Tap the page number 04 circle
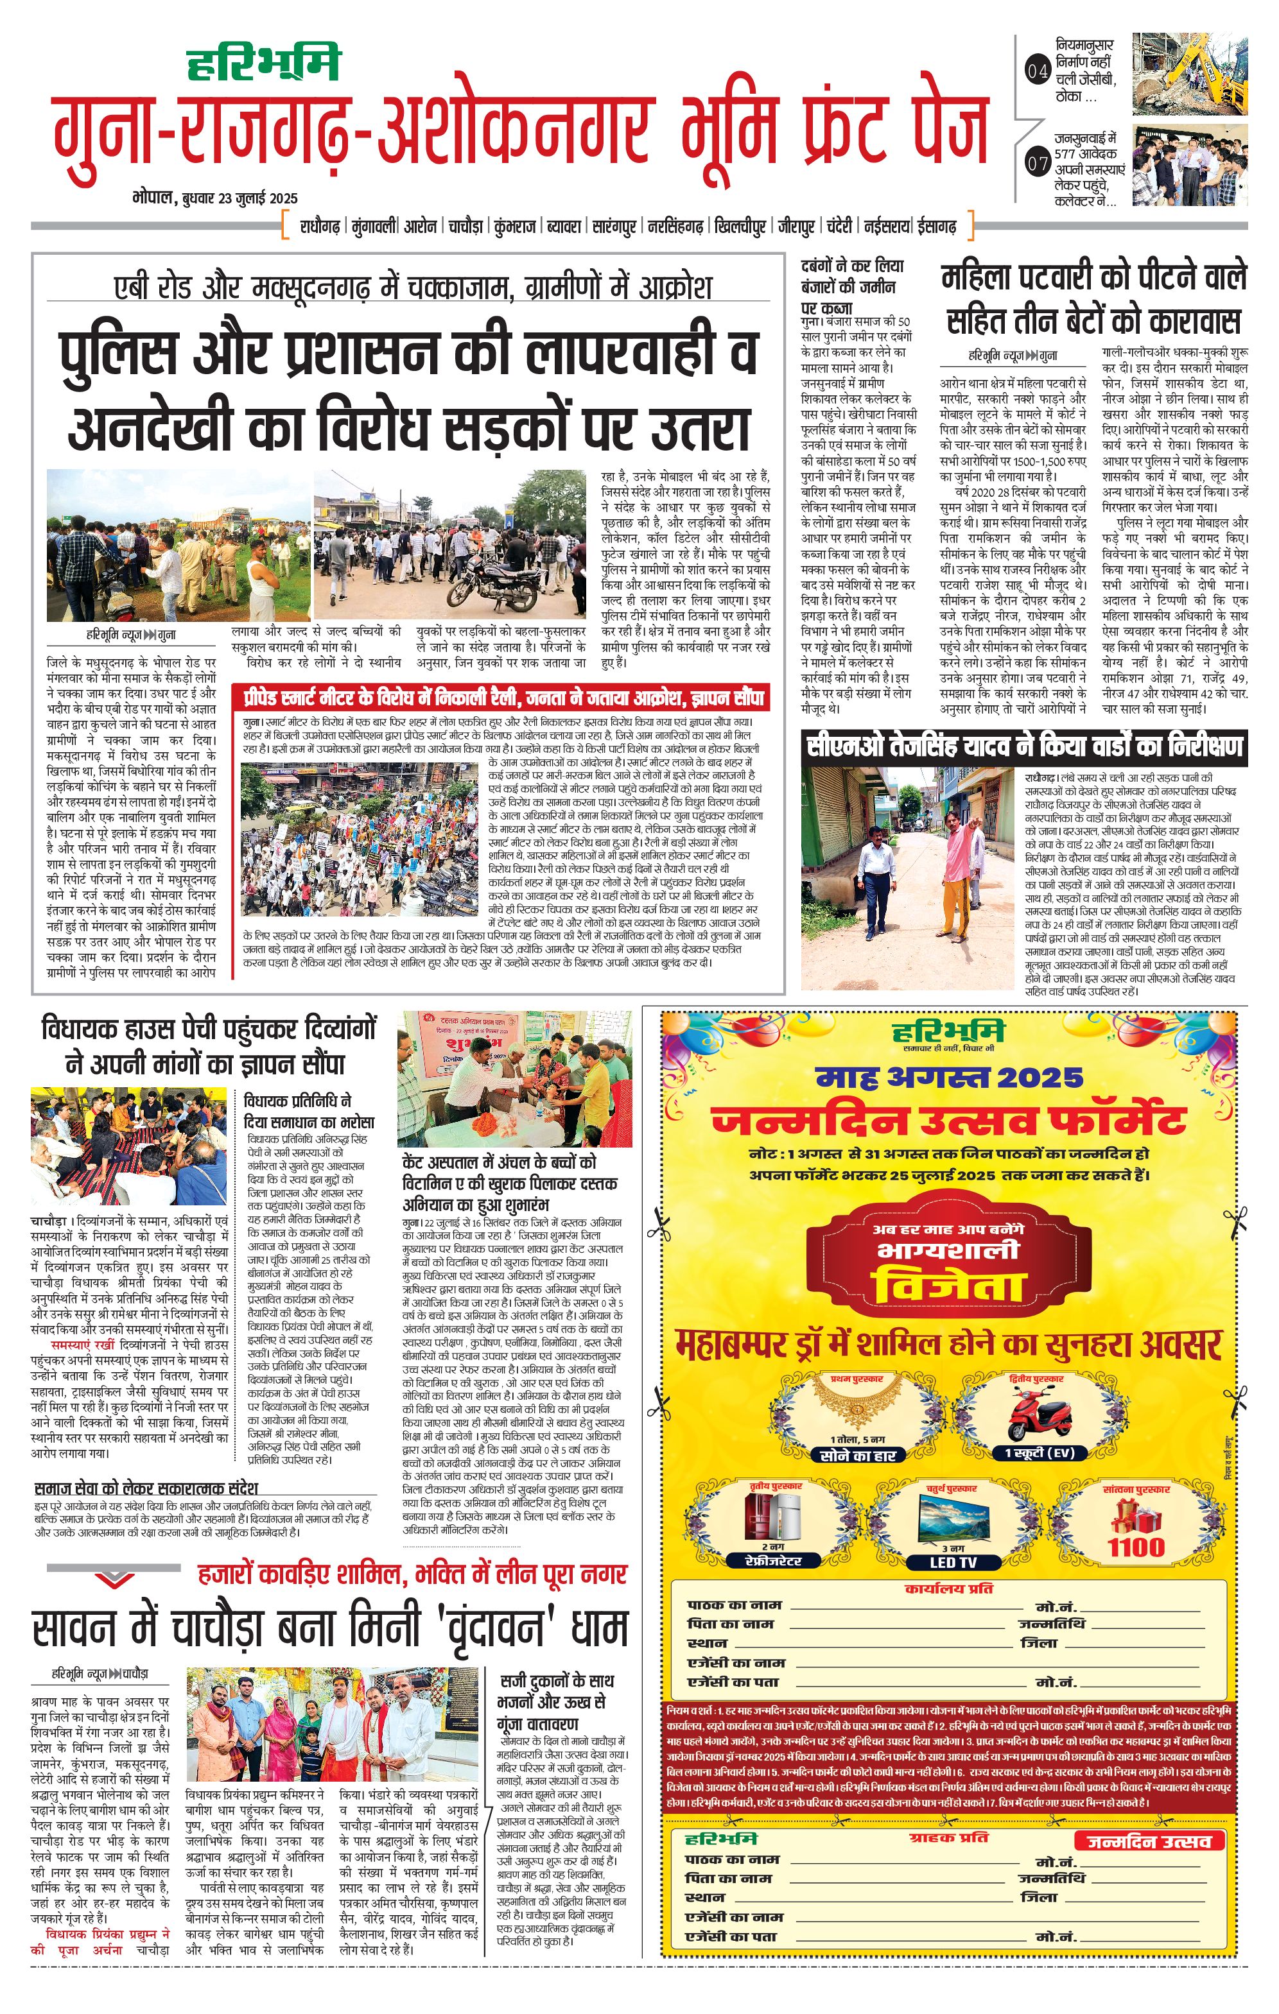[1037, 71]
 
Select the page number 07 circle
[1037, 163]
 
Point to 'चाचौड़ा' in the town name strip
[465, 226]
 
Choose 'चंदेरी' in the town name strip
[839, 226]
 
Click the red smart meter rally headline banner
[503, 698]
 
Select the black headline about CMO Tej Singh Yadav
[1024, 746]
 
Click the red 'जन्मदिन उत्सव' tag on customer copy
[1149, 1840]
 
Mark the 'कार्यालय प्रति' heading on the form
[948, 1588]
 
